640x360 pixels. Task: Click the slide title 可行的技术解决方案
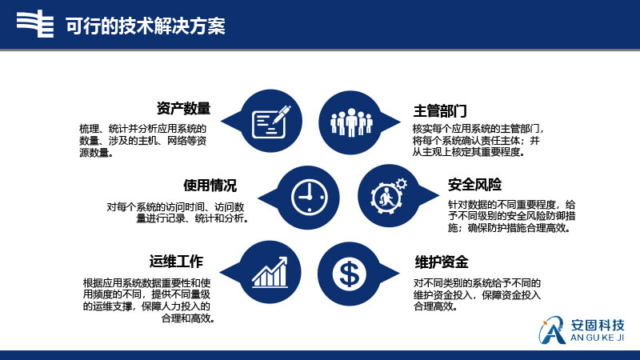(x=146, y=26)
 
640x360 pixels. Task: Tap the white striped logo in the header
(x=35, y=24)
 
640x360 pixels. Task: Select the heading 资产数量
(x=183, y=109)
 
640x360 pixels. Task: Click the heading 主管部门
(x=439, y=110)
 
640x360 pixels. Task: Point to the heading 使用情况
(x=210, y=186)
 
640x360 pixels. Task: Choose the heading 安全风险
(x=474, y=185)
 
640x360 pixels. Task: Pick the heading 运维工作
(x=176, y=262)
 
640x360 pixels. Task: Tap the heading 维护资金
(x=441, y=262)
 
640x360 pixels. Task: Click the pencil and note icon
(x=271, y=122)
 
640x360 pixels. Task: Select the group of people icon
(x=351, y=122)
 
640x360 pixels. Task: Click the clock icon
(x=310, y=197)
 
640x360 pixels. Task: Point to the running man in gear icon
(x=388, y=196)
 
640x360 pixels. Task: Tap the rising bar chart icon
(x=270, y=272)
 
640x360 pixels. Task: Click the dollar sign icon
(x=350, y=274)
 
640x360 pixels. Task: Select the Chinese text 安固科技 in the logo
(x=598, y=326)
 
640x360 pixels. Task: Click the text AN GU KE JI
(x=597, y=338)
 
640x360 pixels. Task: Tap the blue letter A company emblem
(x=552, y=330)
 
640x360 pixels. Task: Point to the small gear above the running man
(x=401, y=184)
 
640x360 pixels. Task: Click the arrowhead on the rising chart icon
(x=282, y=262)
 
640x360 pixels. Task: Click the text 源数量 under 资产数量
(x=94, y=153)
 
